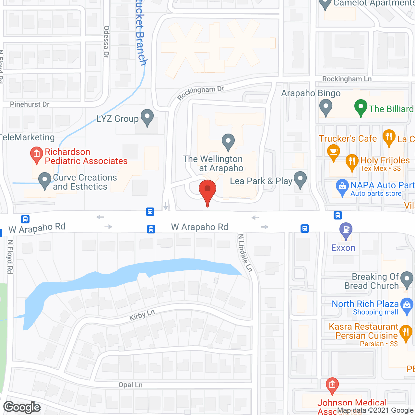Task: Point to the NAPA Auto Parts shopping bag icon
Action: click(342, 186)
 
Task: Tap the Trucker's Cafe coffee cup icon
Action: click(333, 152)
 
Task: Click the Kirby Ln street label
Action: click(142, 315)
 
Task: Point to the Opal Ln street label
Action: click(130, 385)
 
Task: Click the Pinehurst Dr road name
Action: click(30, 104)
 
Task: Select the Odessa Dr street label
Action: click(106, 42)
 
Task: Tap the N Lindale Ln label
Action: click(245, 253)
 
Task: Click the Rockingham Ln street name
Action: click(347, 79)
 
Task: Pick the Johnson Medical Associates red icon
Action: click(332, 385)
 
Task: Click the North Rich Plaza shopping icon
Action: click(407, 305)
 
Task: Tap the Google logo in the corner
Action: click(22, 407)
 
